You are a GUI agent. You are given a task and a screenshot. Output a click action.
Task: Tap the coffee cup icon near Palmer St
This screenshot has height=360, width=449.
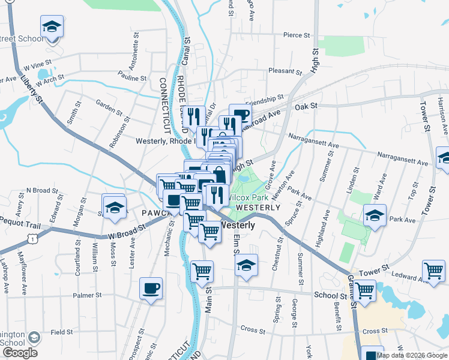click(x=151, y=288)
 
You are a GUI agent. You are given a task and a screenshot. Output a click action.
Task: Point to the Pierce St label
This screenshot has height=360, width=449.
click(x=297, y=35)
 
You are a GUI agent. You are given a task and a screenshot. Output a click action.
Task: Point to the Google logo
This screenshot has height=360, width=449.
click(x=19, y=352)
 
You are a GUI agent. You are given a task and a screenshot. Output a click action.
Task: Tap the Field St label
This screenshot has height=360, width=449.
click(x=62, y=332)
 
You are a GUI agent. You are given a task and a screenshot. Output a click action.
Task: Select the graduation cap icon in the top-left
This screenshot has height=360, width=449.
click(x=52, y=27)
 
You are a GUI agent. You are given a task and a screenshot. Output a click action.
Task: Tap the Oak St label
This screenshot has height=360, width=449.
click(x=310, y=106)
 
